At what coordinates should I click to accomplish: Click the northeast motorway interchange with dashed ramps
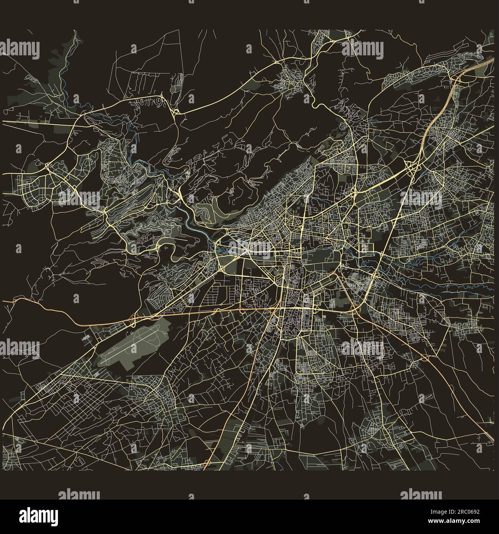411,167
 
